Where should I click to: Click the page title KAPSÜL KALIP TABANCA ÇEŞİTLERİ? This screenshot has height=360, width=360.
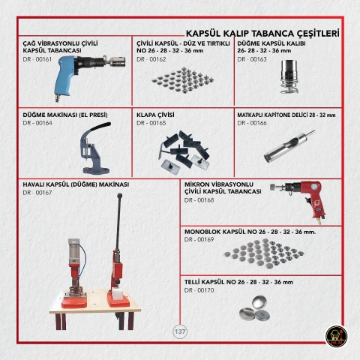262,33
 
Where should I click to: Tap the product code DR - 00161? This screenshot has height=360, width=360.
37,59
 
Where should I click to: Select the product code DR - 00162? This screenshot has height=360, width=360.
151,59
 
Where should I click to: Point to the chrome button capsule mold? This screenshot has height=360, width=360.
289,76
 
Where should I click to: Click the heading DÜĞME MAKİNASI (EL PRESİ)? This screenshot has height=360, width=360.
65,115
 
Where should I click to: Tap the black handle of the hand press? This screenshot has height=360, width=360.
100,127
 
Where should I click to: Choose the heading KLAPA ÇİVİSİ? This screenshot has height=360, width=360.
155,115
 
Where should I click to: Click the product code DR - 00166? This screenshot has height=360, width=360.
252,123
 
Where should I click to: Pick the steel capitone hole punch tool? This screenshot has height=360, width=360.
289,146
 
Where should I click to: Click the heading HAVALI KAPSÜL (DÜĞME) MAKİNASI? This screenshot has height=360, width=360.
76,184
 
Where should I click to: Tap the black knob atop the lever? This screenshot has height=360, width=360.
120,195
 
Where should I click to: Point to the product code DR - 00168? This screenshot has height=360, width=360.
199,200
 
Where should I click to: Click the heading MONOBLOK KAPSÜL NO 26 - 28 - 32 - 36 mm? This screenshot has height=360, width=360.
250,232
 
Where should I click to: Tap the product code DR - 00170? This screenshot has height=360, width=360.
199,290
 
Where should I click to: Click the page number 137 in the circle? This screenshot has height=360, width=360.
180,331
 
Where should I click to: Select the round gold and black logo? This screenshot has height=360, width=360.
337,337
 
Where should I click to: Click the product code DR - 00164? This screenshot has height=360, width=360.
37,123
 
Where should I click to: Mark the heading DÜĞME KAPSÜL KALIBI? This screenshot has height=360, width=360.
271,43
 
